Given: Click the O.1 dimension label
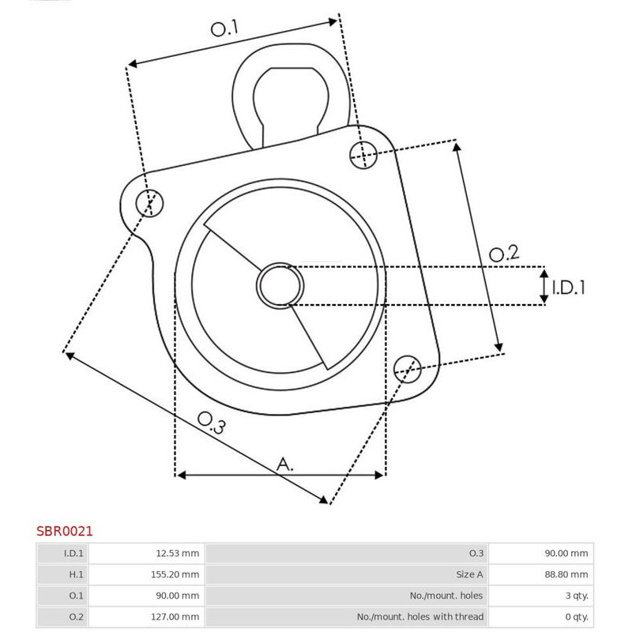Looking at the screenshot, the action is coord(224,28).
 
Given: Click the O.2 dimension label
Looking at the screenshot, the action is coord(504,254).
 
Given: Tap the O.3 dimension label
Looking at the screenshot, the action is coord(211,423).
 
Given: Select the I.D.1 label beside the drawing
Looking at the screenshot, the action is coord(568,288).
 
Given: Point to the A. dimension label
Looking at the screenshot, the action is coord(285,465).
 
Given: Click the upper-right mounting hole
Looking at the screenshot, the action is coord(363,155).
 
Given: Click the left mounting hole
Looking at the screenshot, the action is coord(149,203).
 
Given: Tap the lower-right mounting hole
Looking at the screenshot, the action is coord(408,369).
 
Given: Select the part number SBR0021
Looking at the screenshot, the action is coord(65,531).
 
